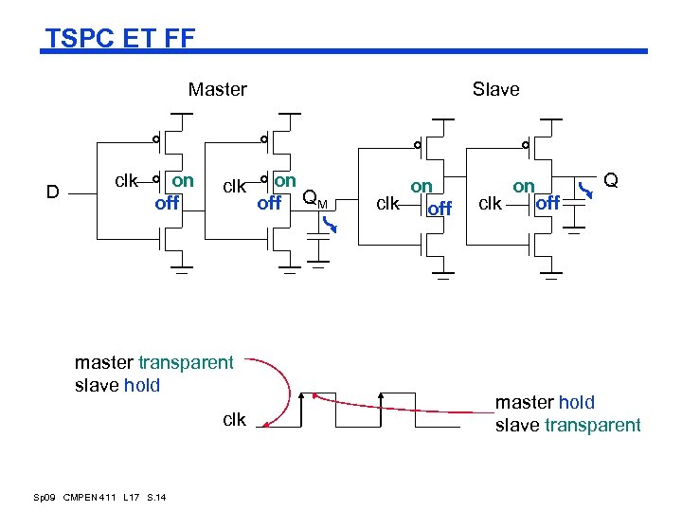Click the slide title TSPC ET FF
pyautogui.click(x=120, y=38)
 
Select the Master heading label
pyautogui.click(x=217, y=89)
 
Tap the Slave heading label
pyautogui.click(x=495, y=89)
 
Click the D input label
pyautogui.click(x=53, y=192)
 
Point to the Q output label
pyautogui.click(x=611, y=179)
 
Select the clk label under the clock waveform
pyautogui.click(x=234, y=419)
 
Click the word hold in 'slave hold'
pyautogui.click(x=141, y=385)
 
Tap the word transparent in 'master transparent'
pyautogui.click(x=186, y=362)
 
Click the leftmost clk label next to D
pyautogui.click(x=126, y=179)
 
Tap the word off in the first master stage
pyautogui.click(x=168, y=201)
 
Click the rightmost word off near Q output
pyautogui.click(x=547, y=202)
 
